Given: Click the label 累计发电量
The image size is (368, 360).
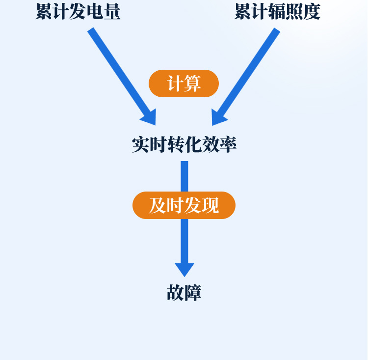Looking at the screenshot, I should (78, 12).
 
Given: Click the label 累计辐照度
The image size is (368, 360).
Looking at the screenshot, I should (277, 12).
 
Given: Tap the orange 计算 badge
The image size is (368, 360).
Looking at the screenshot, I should (184, 83).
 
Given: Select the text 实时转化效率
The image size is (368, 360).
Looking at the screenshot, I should (184, 144).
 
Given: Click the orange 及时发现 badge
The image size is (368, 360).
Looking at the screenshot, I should (184, 205).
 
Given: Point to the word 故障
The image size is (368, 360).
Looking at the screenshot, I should (184, 293).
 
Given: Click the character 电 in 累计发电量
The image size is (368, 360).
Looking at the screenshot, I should (95, 12).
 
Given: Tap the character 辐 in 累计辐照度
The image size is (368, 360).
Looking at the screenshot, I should (277, 12).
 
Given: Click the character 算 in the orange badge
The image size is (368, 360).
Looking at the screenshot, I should (192, 83).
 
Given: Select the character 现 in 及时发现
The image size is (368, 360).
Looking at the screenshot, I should (210, 205).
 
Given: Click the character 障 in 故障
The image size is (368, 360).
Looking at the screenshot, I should (193, 293).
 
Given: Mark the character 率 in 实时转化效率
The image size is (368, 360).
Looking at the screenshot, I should (228, 144).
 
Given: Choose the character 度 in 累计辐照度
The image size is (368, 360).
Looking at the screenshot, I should (312, 12).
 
